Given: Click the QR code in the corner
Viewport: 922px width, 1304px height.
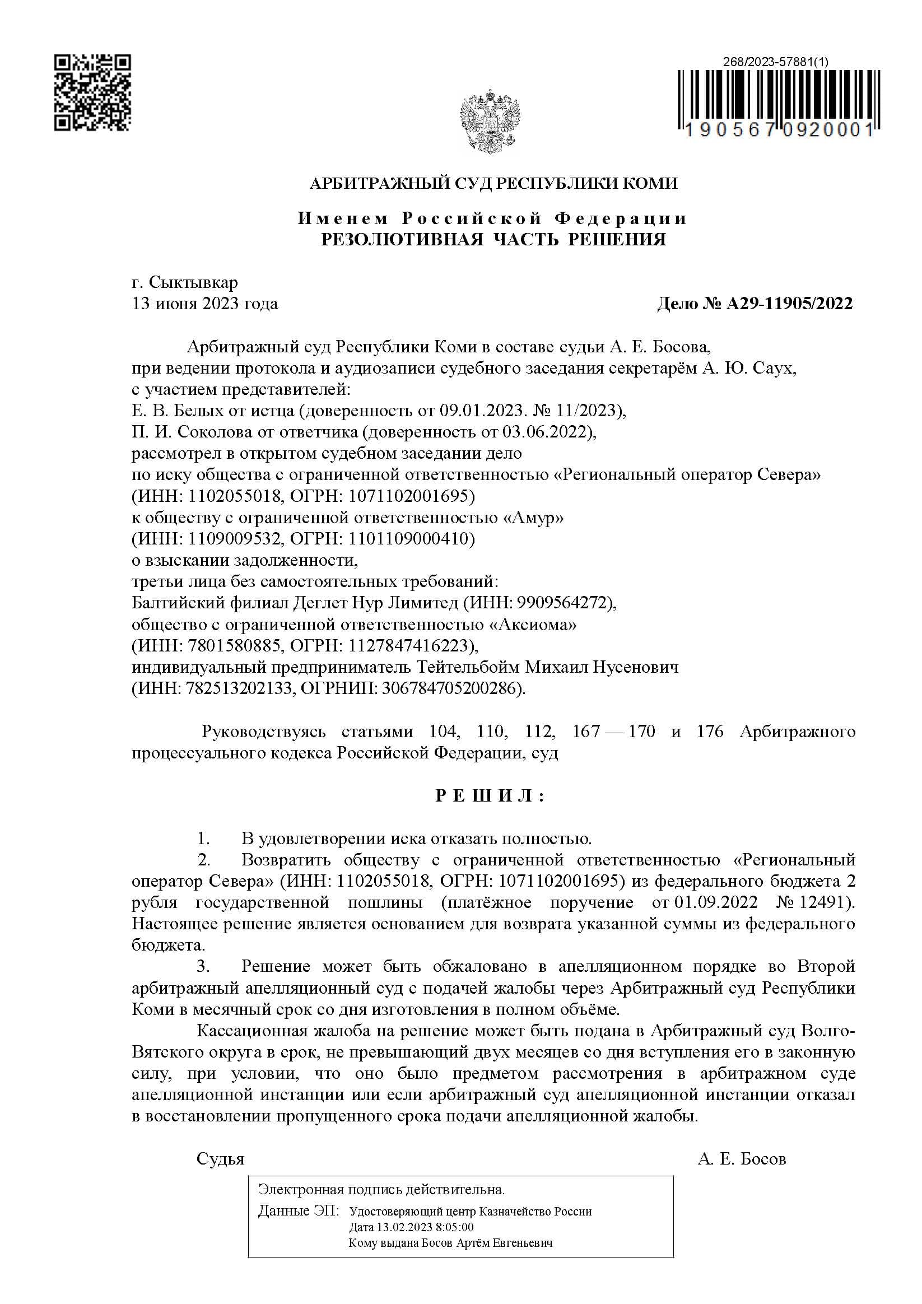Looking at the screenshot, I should coord(92,92).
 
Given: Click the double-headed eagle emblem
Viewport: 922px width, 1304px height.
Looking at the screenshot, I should coord(490,120).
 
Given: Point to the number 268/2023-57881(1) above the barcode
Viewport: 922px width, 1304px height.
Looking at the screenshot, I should coord(775,63).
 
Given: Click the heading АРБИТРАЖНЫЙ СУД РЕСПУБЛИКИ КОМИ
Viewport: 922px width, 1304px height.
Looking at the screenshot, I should coord(493,184).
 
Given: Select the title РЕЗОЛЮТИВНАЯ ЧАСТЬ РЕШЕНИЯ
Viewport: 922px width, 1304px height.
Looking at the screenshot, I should coord(493,239).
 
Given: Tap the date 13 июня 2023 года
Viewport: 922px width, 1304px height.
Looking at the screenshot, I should coord(205,304).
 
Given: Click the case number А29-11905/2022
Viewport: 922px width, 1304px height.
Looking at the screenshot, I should coord(789,304).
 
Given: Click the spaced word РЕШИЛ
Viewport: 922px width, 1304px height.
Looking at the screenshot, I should coord(490,796).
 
